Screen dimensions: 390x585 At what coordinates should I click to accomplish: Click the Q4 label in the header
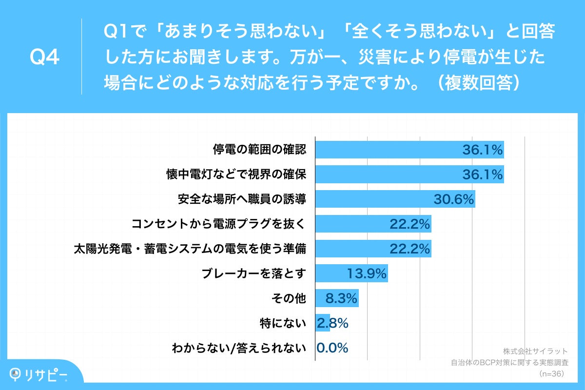(x=44, y=58)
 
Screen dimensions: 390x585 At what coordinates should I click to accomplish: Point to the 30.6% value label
(x=454, y=199)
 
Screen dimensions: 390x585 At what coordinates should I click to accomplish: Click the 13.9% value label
(x=367, y=273)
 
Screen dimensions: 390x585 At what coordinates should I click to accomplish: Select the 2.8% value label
(x=332, y=323)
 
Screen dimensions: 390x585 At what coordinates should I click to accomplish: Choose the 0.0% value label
(x=332, y=348)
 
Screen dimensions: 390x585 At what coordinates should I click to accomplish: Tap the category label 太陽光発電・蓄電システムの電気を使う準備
(x=190, y=249)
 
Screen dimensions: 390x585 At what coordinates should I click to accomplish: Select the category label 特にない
(x=283, y=323)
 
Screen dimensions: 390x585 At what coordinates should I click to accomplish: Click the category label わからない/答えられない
(x=239, y=348)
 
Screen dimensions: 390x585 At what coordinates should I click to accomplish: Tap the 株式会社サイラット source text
(x=535, y=351)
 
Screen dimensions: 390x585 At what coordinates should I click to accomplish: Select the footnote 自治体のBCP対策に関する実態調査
(x=510, y=363)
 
